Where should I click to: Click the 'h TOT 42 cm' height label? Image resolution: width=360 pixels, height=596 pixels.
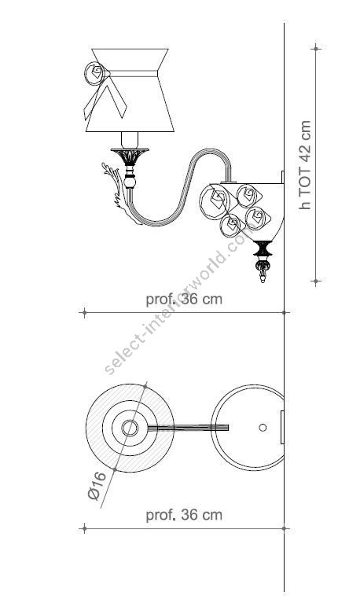(306, 164)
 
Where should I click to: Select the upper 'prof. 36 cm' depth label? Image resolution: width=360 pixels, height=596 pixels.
(184, 299)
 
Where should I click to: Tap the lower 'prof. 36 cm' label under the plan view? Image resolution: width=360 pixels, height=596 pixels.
(184, 515)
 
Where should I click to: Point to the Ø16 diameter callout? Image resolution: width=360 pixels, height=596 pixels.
(96, 485)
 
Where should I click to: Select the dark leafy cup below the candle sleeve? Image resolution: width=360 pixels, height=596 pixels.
(128, 161)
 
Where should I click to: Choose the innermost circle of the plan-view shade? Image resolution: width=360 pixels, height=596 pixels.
(130, 427)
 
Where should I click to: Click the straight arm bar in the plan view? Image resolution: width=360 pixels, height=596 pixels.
(189, 427)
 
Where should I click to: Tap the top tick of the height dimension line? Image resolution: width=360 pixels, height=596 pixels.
(317, 48)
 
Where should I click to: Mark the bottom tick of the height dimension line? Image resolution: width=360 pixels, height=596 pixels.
(317, 281)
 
